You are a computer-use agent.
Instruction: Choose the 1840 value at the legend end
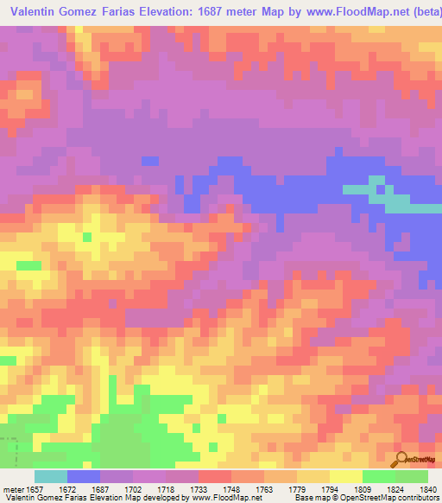(428, 489)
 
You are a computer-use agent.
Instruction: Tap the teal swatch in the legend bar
(50, 476)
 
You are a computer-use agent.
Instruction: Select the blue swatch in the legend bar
(83, 476)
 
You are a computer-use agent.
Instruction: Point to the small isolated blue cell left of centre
(149, 161)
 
